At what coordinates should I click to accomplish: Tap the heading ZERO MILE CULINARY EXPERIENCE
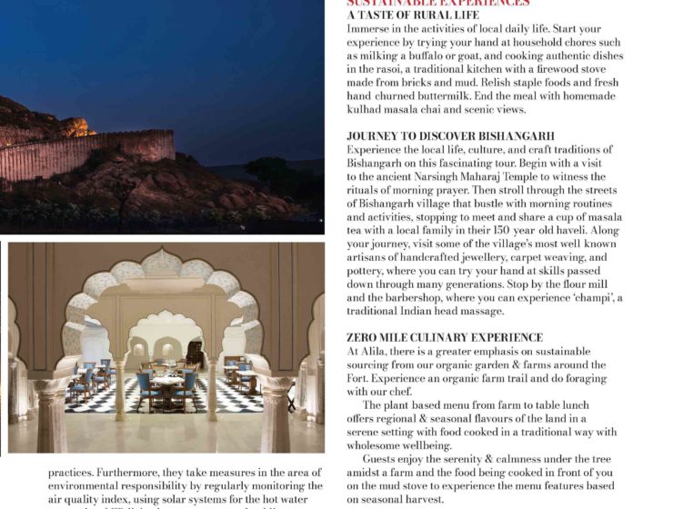tap(445, 337)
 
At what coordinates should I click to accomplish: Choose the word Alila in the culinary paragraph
tap(376, 351)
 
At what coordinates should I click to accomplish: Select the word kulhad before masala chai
tap(367, 109)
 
